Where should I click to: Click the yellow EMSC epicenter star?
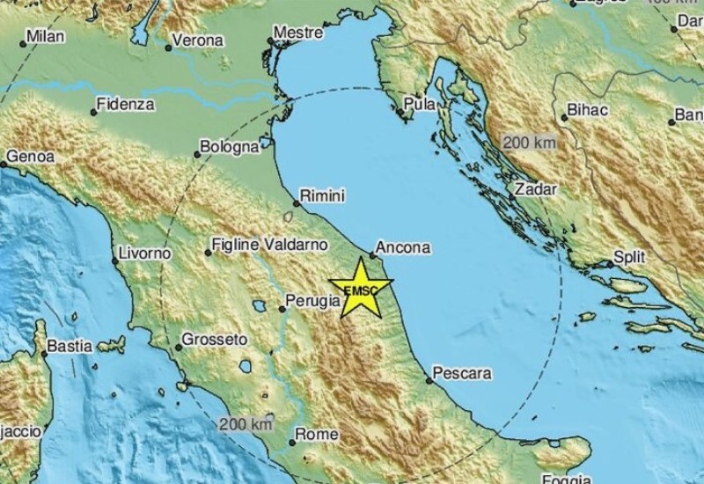[359, 289]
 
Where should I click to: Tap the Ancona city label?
[405, 249]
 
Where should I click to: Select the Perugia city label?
[314, 301]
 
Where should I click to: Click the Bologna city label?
[229, 148]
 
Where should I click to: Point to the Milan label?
[47, 37]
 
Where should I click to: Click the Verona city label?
[197, 40]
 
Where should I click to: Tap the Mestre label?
[295, 33]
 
